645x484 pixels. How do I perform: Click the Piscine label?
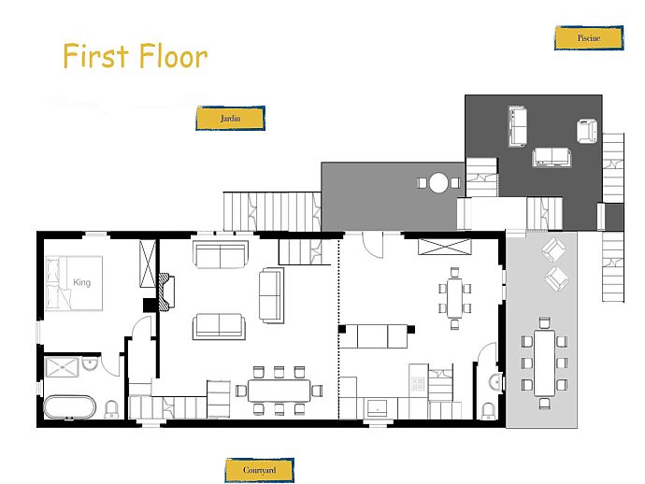tap(589, 37)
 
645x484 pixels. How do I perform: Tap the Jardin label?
tap(230, 119)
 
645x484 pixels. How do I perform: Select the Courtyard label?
tap(260, 470)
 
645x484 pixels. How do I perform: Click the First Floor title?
tap(136, 56)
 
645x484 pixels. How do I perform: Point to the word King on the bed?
tap(82, 282)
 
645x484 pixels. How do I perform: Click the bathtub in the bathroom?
tap(70, 407)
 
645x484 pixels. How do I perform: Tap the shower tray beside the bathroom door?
tap(62, 367)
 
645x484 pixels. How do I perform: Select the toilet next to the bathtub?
tap(111, 409)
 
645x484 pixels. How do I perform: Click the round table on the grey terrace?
tap(438, 182)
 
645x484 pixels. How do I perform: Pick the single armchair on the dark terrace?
tap(587, 131)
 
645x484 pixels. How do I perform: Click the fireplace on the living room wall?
tap(167, 292)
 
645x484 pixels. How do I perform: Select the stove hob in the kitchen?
tap(418, 384)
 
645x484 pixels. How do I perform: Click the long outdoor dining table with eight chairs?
tap(545, 363)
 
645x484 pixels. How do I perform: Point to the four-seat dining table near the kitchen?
tap(454, 298)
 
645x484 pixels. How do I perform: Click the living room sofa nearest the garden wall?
tap(221, 255)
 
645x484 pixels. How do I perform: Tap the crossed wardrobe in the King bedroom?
tap(148, 264)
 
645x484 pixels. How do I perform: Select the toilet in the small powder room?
tap(488, 411)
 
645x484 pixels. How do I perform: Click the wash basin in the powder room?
tap(496, 382)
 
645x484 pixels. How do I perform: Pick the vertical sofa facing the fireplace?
tap(271, 295)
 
